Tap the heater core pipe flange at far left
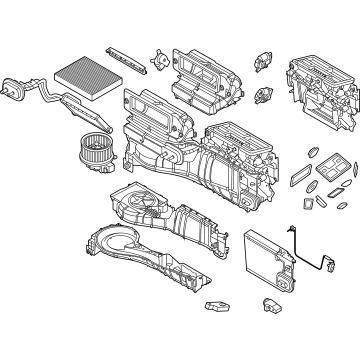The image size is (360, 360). [15, 87]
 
